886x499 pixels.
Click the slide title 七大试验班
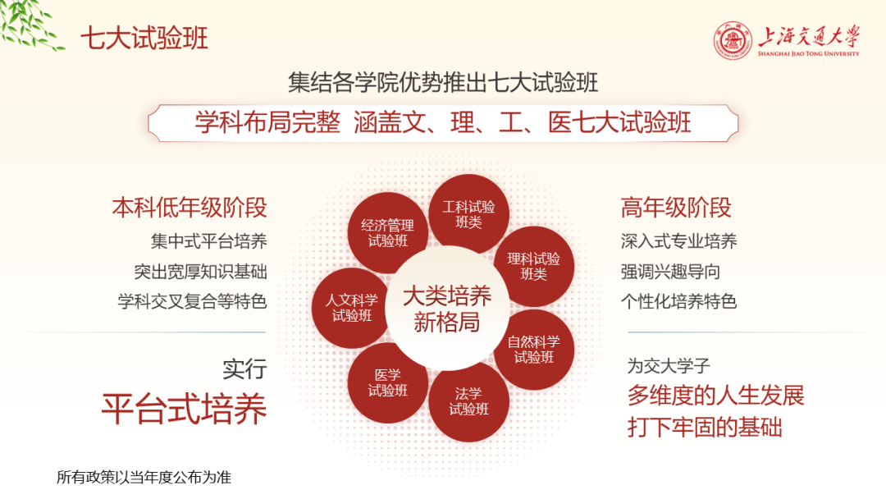click(144, 38)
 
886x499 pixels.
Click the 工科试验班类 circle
click(468, 214)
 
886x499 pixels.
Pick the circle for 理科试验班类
click(533, 266)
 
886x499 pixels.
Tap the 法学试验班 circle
click(468, 401)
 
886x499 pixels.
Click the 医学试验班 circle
click(387, 382)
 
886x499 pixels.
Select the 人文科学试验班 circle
click(351, 308)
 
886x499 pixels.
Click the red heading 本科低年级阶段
click(190, 208)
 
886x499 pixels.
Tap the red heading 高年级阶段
click(676, 208)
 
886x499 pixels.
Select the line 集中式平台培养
click(208, 241)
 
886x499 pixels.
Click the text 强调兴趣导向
click(670, 272)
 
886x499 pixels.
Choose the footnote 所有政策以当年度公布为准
click(144, 477)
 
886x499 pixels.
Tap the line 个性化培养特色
click(679, 301)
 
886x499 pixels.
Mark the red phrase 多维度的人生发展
click(715, 396)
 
